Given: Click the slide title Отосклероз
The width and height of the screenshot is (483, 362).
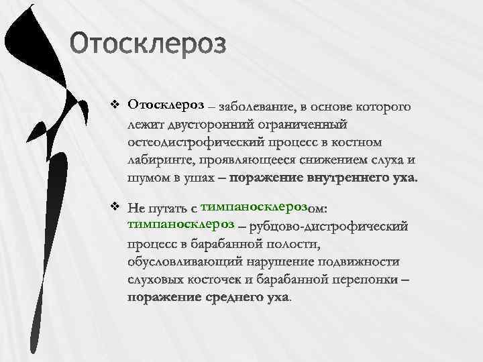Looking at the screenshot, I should tap(149, 45).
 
